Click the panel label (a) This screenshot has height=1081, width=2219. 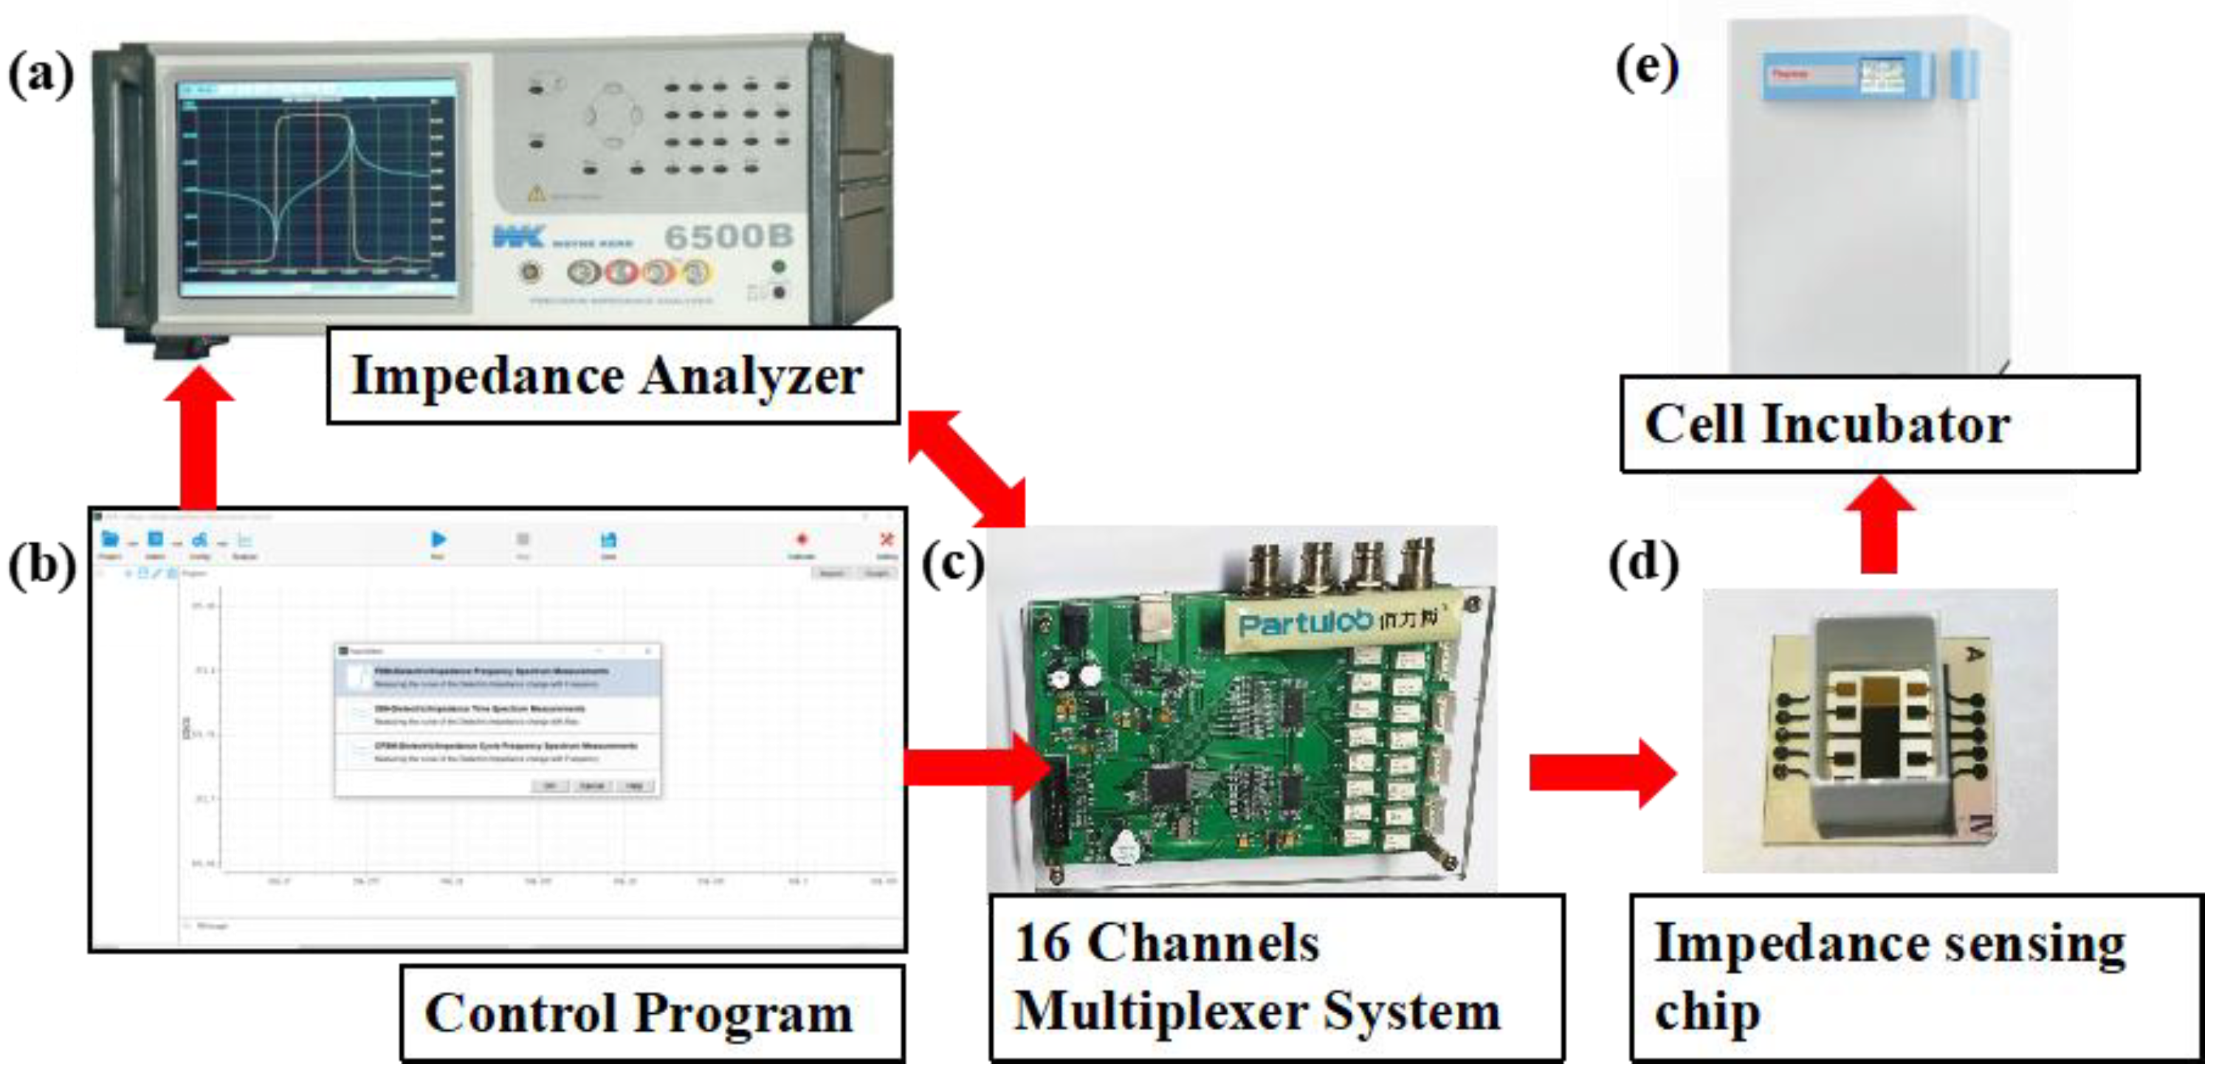[41, 75]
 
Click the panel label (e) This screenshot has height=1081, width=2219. [1646, 68]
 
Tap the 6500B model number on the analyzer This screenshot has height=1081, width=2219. [728, 236]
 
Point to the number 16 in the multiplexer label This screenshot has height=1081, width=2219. [1042, 942]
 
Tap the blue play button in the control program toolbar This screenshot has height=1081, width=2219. [438, 540]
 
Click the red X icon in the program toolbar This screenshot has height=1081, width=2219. [886, 540]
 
